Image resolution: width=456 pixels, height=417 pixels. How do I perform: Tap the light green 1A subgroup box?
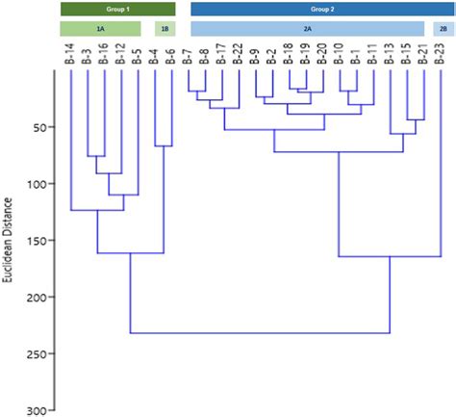[x=100, y=30]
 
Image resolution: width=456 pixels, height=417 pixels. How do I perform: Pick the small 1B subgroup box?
[x=165, y=30]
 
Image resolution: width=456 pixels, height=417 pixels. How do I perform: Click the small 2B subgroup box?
[x=443, y=30]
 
